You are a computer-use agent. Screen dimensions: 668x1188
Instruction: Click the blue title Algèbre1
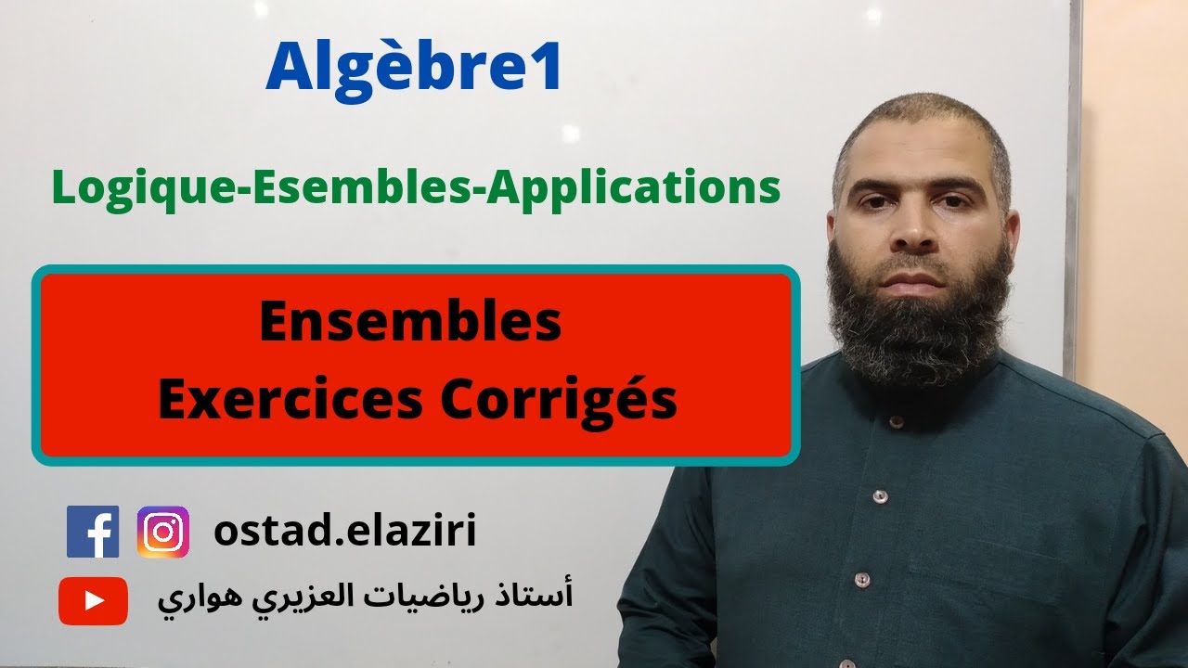[414, 70]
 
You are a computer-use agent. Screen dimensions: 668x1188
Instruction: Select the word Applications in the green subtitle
[633, 187]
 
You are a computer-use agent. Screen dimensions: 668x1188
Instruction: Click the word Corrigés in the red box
[559, 401]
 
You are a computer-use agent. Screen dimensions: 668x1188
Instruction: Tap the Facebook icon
[93, 532]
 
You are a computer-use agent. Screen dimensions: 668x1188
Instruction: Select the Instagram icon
[163, 532]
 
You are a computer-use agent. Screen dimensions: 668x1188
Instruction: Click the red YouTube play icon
[93, 600]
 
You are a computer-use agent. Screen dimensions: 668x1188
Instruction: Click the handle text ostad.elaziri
[344, 532]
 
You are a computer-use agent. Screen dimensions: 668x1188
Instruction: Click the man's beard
[919, 315]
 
